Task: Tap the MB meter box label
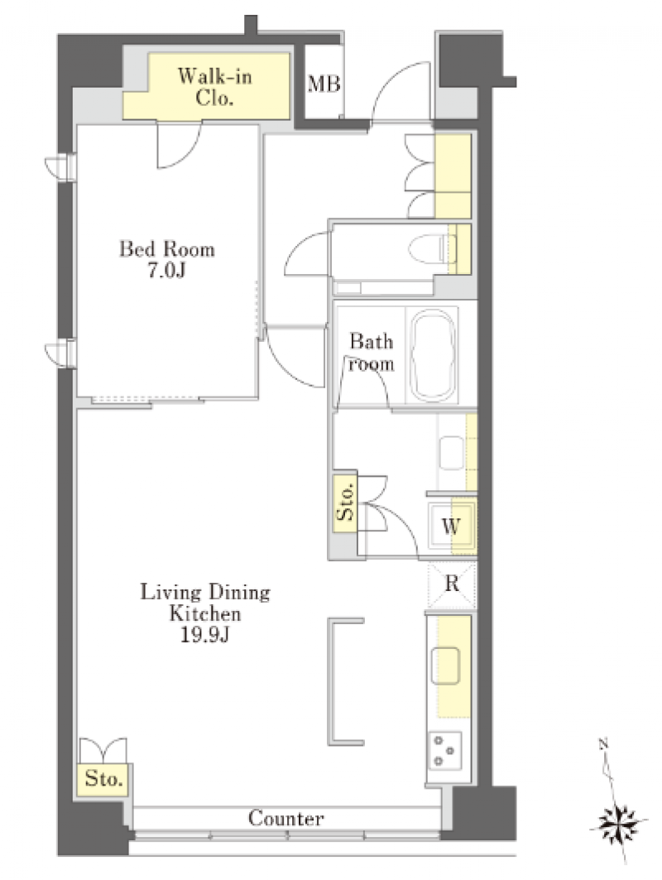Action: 324,84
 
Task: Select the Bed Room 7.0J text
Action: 166,259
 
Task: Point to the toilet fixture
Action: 433,248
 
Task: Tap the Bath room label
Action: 371,353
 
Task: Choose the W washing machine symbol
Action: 451,527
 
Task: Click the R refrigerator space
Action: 452,584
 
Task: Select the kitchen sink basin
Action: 445,666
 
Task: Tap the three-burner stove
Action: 445,750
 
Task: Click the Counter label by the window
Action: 285,818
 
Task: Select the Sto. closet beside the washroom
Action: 346,503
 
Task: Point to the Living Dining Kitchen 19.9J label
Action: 205,613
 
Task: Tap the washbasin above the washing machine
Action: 451,452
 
